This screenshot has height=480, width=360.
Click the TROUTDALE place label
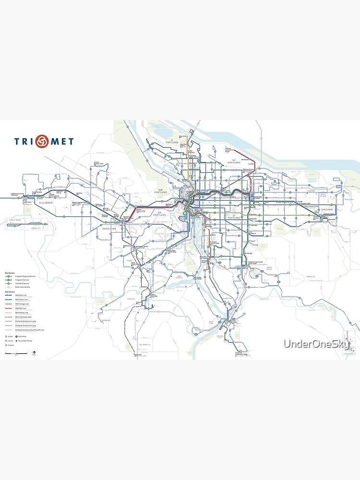[348, 199]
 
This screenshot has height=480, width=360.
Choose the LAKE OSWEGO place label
[180, 277]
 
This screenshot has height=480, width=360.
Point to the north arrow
[34, 354]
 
